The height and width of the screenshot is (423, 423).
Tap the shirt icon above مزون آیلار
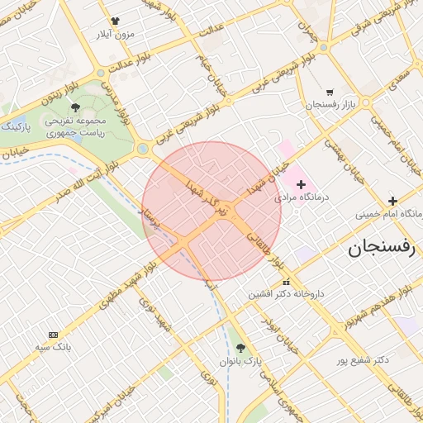[x=114, y=22]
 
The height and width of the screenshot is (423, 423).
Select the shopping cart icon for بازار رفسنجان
[x=330, y=93]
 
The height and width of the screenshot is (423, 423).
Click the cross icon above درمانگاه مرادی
[x=301, y=185]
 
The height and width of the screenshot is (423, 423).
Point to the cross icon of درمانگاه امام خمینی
[x=392, y=201]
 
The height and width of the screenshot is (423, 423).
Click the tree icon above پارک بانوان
[x=240, y=348]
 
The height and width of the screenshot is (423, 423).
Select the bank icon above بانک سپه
[x=54, y=335]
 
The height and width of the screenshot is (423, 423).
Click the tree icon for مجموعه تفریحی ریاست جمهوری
[x=75, y=107]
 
